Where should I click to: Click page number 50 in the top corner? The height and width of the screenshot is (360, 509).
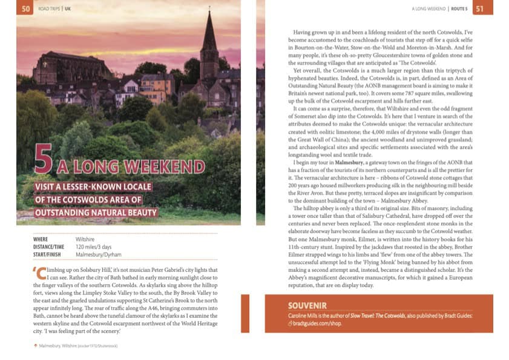[26, 8]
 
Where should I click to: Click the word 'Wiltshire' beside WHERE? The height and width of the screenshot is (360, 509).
[87, 240]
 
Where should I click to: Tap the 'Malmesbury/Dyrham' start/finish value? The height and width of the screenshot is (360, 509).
[98, 255]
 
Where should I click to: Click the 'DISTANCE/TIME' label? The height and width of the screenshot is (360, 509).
[49, 247]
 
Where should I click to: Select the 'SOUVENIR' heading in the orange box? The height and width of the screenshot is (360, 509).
[307, 306]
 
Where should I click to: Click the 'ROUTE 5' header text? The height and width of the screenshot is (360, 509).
[459, 8]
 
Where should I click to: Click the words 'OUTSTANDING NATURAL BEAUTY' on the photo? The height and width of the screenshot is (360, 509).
[96, 212]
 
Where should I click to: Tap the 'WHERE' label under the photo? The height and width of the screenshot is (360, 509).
[41, 240]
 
